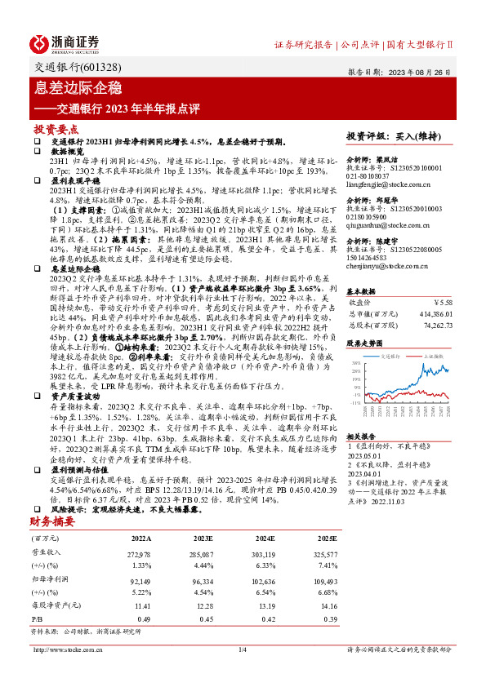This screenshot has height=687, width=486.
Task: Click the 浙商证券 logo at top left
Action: [x=65, y=43]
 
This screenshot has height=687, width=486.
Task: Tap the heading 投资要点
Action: [x=56, y=130]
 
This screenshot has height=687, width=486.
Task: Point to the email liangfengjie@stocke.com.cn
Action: [x=390, y=184]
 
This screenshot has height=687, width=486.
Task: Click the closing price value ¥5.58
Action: [x=441, y=301]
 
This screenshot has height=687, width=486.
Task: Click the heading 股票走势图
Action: [x=365, y=344]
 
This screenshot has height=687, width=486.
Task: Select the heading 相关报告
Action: [x=362, y=437]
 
